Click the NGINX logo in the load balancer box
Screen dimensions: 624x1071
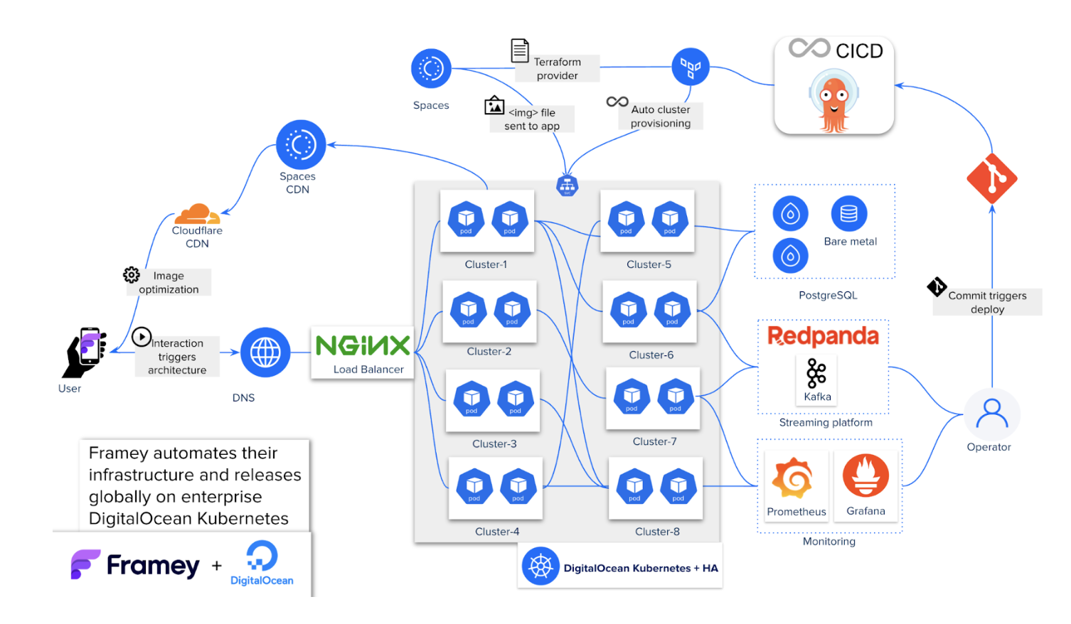(x=363, y=345)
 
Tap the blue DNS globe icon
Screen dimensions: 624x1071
(x=265, y=353)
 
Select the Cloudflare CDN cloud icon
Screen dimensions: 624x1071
(x=197, y=214)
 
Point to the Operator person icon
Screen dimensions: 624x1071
(x=991, y=414)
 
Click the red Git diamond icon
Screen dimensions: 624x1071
(x=991, y=178)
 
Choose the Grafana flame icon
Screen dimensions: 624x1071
(x=865, y=475)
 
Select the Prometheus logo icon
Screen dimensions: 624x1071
(x=793, y=478)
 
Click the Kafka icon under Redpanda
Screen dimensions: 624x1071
(x=816, y=373)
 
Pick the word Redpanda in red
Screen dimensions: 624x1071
(x=823, y=335)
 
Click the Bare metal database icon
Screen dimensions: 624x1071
(x=848, y=214)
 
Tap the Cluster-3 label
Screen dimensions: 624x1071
(x=494, y=443)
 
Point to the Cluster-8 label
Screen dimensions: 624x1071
(x=657, y=532)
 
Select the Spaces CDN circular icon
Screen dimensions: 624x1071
(x=301, y=145)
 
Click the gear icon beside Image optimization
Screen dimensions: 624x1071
(x=132, y=275)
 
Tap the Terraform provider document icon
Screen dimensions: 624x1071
(x=520, y=51)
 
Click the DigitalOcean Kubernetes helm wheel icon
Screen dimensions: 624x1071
(x=540, y=566)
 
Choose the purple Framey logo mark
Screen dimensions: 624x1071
(x=85, y=564)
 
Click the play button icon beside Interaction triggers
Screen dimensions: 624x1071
(x=142, y=336)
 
